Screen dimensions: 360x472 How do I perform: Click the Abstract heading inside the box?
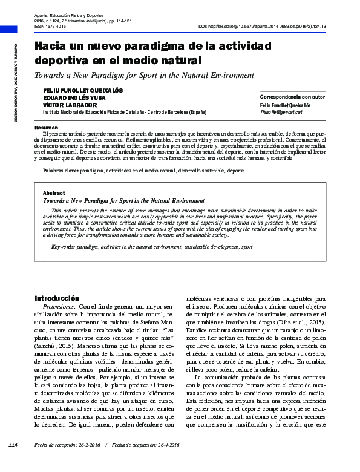click(x=53, y=192)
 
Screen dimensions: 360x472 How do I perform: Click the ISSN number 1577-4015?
click(x=56, y=27)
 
